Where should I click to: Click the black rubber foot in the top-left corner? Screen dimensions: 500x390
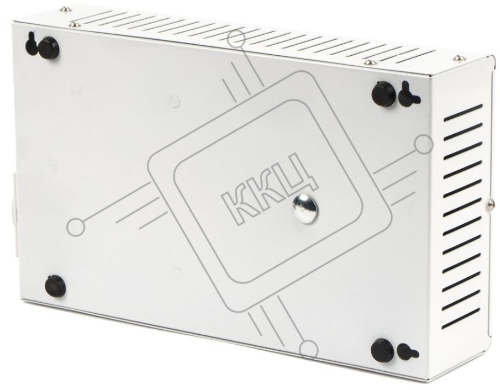pyautogui.click(x=49, y=48)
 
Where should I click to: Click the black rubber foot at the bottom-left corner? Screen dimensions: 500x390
pyautogui.click(x=55, y=286)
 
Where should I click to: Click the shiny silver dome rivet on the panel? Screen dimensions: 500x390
pyautogui.click(x=305, y=209)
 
